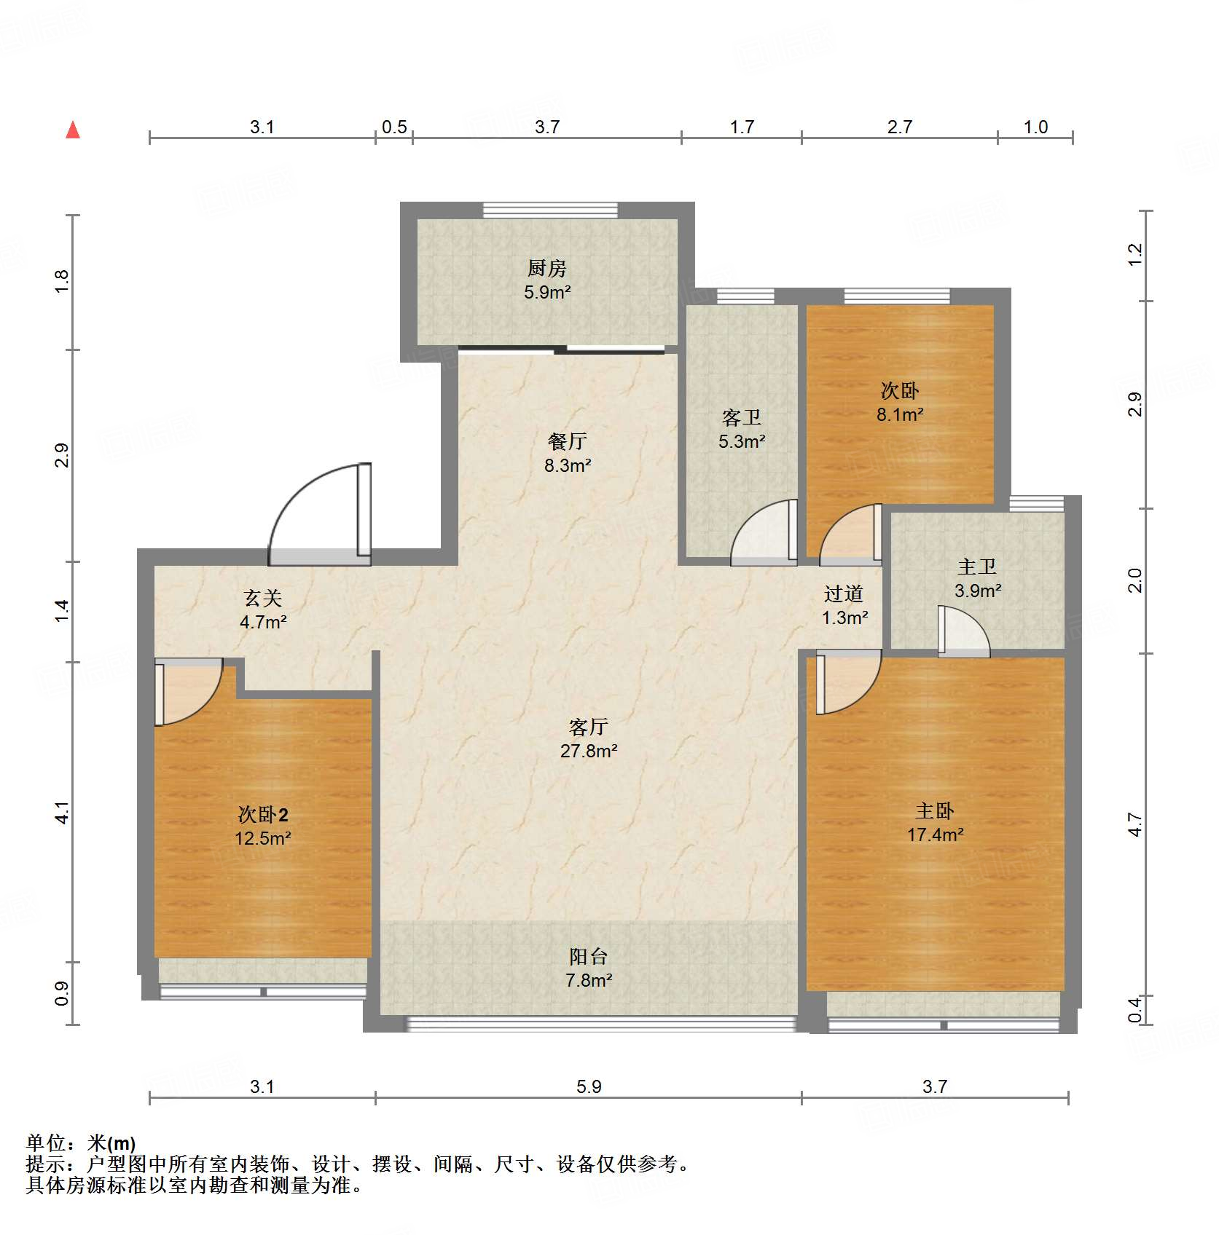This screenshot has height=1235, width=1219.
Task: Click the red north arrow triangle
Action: pyautogui.click(x=73, y=130)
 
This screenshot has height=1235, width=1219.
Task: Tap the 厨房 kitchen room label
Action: pyautogui.click(x=546, y=268)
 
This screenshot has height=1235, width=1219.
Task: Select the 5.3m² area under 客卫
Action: pyautogui.click(x=741, y=441)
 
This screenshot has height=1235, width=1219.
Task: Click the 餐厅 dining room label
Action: pyautogui.click(x=567, y=441)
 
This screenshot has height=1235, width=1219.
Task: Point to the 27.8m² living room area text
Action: pyautogui.click(x=589, y=751)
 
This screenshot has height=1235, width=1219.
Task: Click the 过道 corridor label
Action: pyautogui.click(x=844, y=594)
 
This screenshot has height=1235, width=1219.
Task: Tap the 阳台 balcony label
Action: pyautogui.click(x=588, y=956)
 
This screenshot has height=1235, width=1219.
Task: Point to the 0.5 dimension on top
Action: pyautogui.click(x=394, y=127)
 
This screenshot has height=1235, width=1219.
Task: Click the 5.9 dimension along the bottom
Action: pyautogui.click(x=589, y=1086)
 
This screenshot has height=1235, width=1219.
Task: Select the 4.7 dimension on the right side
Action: pyautogui.click(x=1134, y=824)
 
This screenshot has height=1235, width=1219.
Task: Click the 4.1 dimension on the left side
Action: pyautogui.click(x=63, y=813)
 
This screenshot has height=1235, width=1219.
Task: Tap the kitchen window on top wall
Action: pyautogui.click(x=550, y=210)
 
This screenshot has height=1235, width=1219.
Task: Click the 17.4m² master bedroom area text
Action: pyautogui.click(x=935, y=834)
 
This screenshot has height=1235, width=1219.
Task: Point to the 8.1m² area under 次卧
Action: pyautogui.click(x=900, y=414)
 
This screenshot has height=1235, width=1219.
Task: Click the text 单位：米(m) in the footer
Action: pyautogui.click(x=81, y=1143)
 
